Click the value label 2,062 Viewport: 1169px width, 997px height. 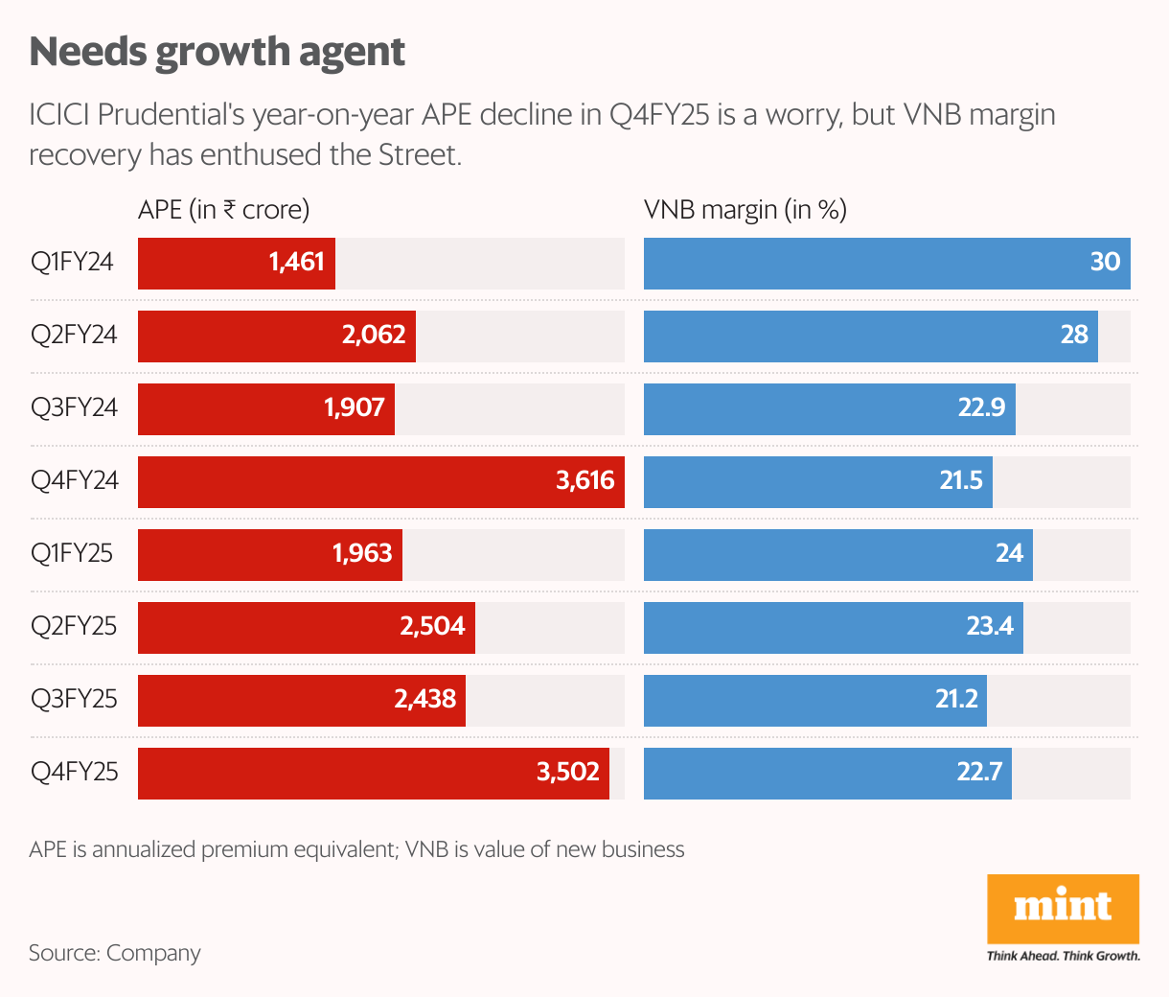pyautogui.click(x=374, y=335)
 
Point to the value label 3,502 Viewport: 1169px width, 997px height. pyautogui.click(x=568, y=772)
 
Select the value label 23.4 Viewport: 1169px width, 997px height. pyautogui.click(x=990, y=626)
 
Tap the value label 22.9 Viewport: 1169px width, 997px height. pyautogui.click(x=981, y=407)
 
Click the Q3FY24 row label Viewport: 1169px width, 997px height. pyautogui.click(x=74, y=407)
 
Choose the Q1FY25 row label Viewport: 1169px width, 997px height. pyautogui.click(x=72, y=553)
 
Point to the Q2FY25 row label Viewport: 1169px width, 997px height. pyautogui.click(x=74, y=626)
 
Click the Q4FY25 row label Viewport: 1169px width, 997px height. pyautogui.click(x=74, y=772)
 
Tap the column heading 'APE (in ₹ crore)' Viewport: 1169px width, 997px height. pyautogui.click(x=223, y=210)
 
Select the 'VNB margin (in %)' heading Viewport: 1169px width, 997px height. pyautogui.click(x=745, y=210)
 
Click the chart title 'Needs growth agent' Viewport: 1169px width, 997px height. pyautogui.click(x=218, y=52)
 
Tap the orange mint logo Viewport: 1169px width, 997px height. pyautogui.click(x=1063, y=908)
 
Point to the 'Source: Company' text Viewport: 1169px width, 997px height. pyautogui.click(x=115, y=953)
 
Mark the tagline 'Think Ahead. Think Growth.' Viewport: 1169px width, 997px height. pyautogui.click(x=1064, y=956)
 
